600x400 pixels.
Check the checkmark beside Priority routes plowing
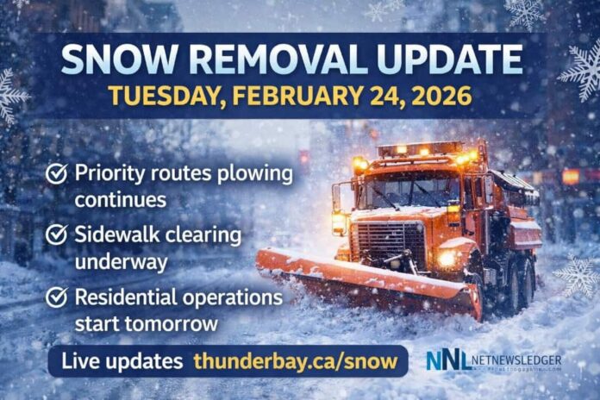pos(58,175)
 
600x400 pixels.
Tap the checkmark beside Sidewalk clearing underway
pos(58,234)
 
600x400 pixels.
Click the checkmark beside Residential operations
pos(58,297)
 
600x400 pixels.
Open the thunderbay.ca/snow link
pos(296,361)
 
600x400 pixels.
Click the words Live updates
pos(122,361)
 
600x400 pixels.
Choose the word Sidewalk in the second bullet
pos(118,234)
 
